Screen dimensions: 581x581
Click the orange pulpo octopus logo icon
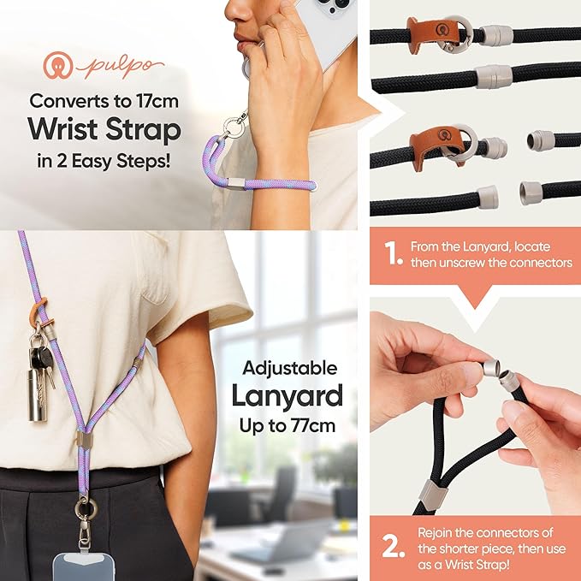(x=57, y=67)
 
